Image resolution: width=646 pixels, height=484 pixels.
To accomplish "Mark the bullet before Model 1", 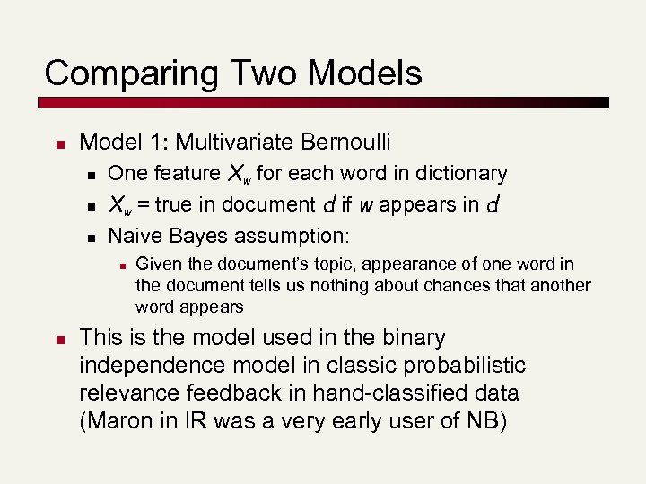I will point(57,143).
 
